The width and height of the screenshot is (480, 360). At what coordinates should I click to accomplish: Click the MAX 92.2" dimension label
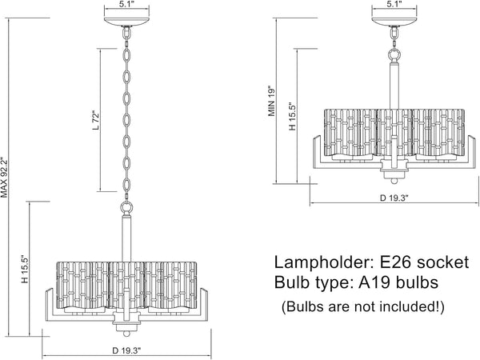pyautogui.click(x=4, y=178)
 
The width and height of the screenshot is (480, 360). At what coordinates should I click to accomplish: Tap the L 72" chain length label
pyautogui.click(x=96, y=120)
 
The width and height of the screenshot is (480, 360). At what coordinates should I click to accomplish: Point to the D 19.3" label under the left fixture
pyautogui.click(x=126, y=350)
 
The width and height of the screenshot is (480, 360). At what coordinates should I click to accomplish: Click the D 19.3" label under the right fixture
pyautogui.click(x=394, y=198)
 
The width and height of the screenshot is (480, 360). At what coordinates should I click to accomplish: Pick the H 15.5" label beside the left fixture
pyautogui.click(x=25, y=270)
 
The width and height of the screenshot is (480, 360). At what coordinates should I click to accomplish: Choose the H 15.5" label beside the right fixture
pyautogui.click(x=292, y=116)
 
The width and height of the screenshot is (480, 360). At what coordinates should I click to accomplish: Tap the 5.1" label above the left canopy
pyautogui.click(x=126, y=4)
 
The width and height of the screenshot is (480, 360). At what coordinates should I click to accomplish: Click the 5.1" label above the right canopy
pyautogui.click(x=394, y=4)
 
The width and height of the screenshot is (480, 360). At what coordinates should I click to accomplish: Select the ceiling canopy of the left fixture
pyautogui.click(x=126, y=22)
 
